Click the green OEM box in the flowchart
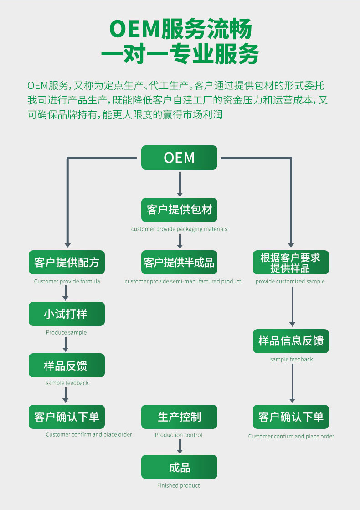(x=179, y=158)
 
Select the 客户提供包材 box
(x=179, y=210)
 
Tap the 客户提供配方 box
(x=67, y=262)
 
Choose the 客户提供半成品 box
(x=179, y=262)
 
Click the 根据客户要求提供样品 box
(x=291, y=263)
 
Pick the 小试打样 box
(x=67, y=314)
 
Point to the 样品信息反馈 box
(x=291, y=341)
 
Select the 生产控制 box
(x=179, y=417)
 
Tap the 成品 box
(x=179, y=467)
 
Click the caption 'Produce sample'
(x=66, y=332)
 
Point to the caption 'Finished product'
(x=179, y=485)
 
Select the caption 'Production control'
(x=179, y=435)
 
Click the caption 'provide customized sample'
(x=290, y=281)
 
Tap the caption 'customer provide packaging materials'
(x=179, y=229)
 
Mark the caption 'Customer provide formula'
(x=67, y=281)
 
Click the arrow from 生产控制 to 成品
(x=180, y=446)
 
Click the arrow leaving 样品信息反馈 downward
(x=292, y=383)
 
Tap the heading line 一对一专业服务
(x=180, y=54)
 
